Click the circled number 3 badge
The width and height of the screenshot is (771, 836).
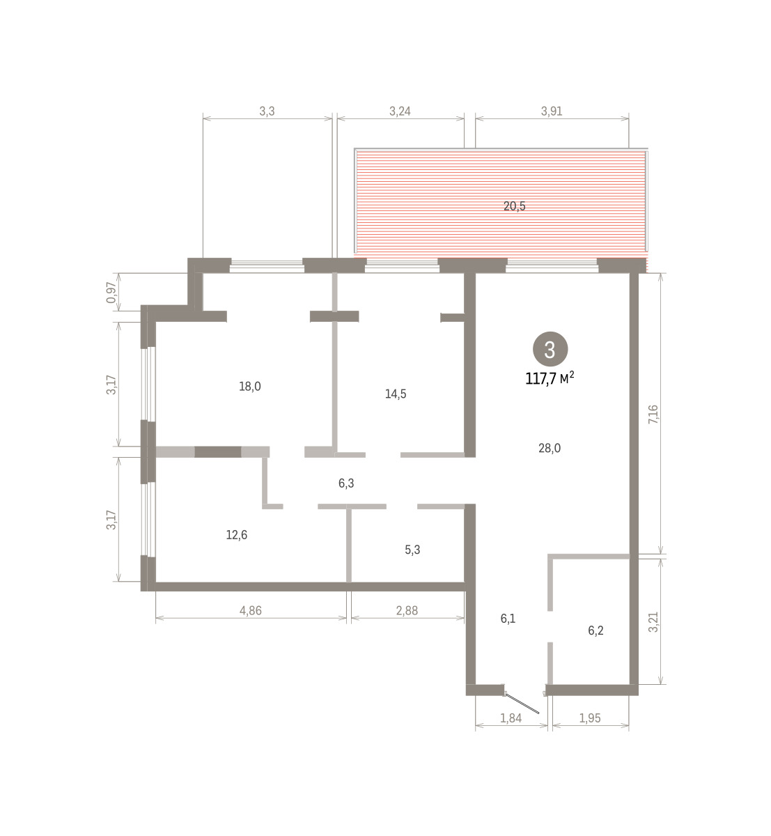pyautogui.click(x=550, y=349)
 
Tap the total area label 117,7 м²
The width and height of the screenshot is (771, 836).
pyautogui.click(x=550, y=378)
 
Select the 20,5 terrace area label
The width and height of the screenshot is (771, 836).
pyautogui.click(x=514, y=206)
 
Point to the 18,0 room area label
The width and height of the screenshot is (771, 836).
pyautogui.click(x=250, y=386)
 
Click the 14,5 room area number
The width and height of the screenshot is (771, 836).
pyautogui.click(x=396, y=394)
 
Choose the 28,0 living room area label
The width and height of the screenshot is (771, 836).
pyautogui.click(x=550, y=448)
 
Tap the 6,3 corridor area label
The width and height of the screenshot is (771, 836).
pyautogui.click(x=346, y=483)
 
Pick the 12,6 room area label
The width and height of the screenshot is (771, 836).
pyautogui.click(x=237, y=534)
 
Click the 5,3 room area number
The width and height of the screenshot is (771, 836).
pyautogui.click(x=412, y=550)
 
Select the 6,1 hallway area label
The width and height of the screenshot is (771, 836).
pyautogui.click(x=508, y=619)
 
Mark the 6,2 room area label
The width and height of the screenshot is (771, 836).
pyautogui.click(x=595, y=630)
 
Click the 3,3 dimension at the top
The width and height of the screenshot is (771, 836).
pyautogui.click(x=267, y=111)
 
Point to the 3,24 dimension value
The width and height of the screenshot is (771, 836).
pyautogui.click(x=400, y=111)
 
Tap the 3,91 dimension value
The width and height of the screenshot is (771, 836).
pyautogui.click(x=552, y=111)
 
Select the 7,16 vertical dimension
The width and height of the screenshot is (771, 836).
pyautogui.click(x=653, y=414)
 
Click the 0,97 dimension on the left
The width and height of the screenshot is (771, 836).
pyautogui.click(x=111, y=293)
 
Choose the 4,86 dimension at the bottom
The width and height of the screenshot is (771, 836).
pyautogui.click(x=251, y=610)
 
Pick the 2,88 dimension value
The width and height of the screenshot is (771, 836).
pyautogui.click(x=407, y=610)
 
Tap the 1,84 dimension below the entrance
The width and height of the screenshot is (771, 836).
pyautogui.click(x=511, y=718)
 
